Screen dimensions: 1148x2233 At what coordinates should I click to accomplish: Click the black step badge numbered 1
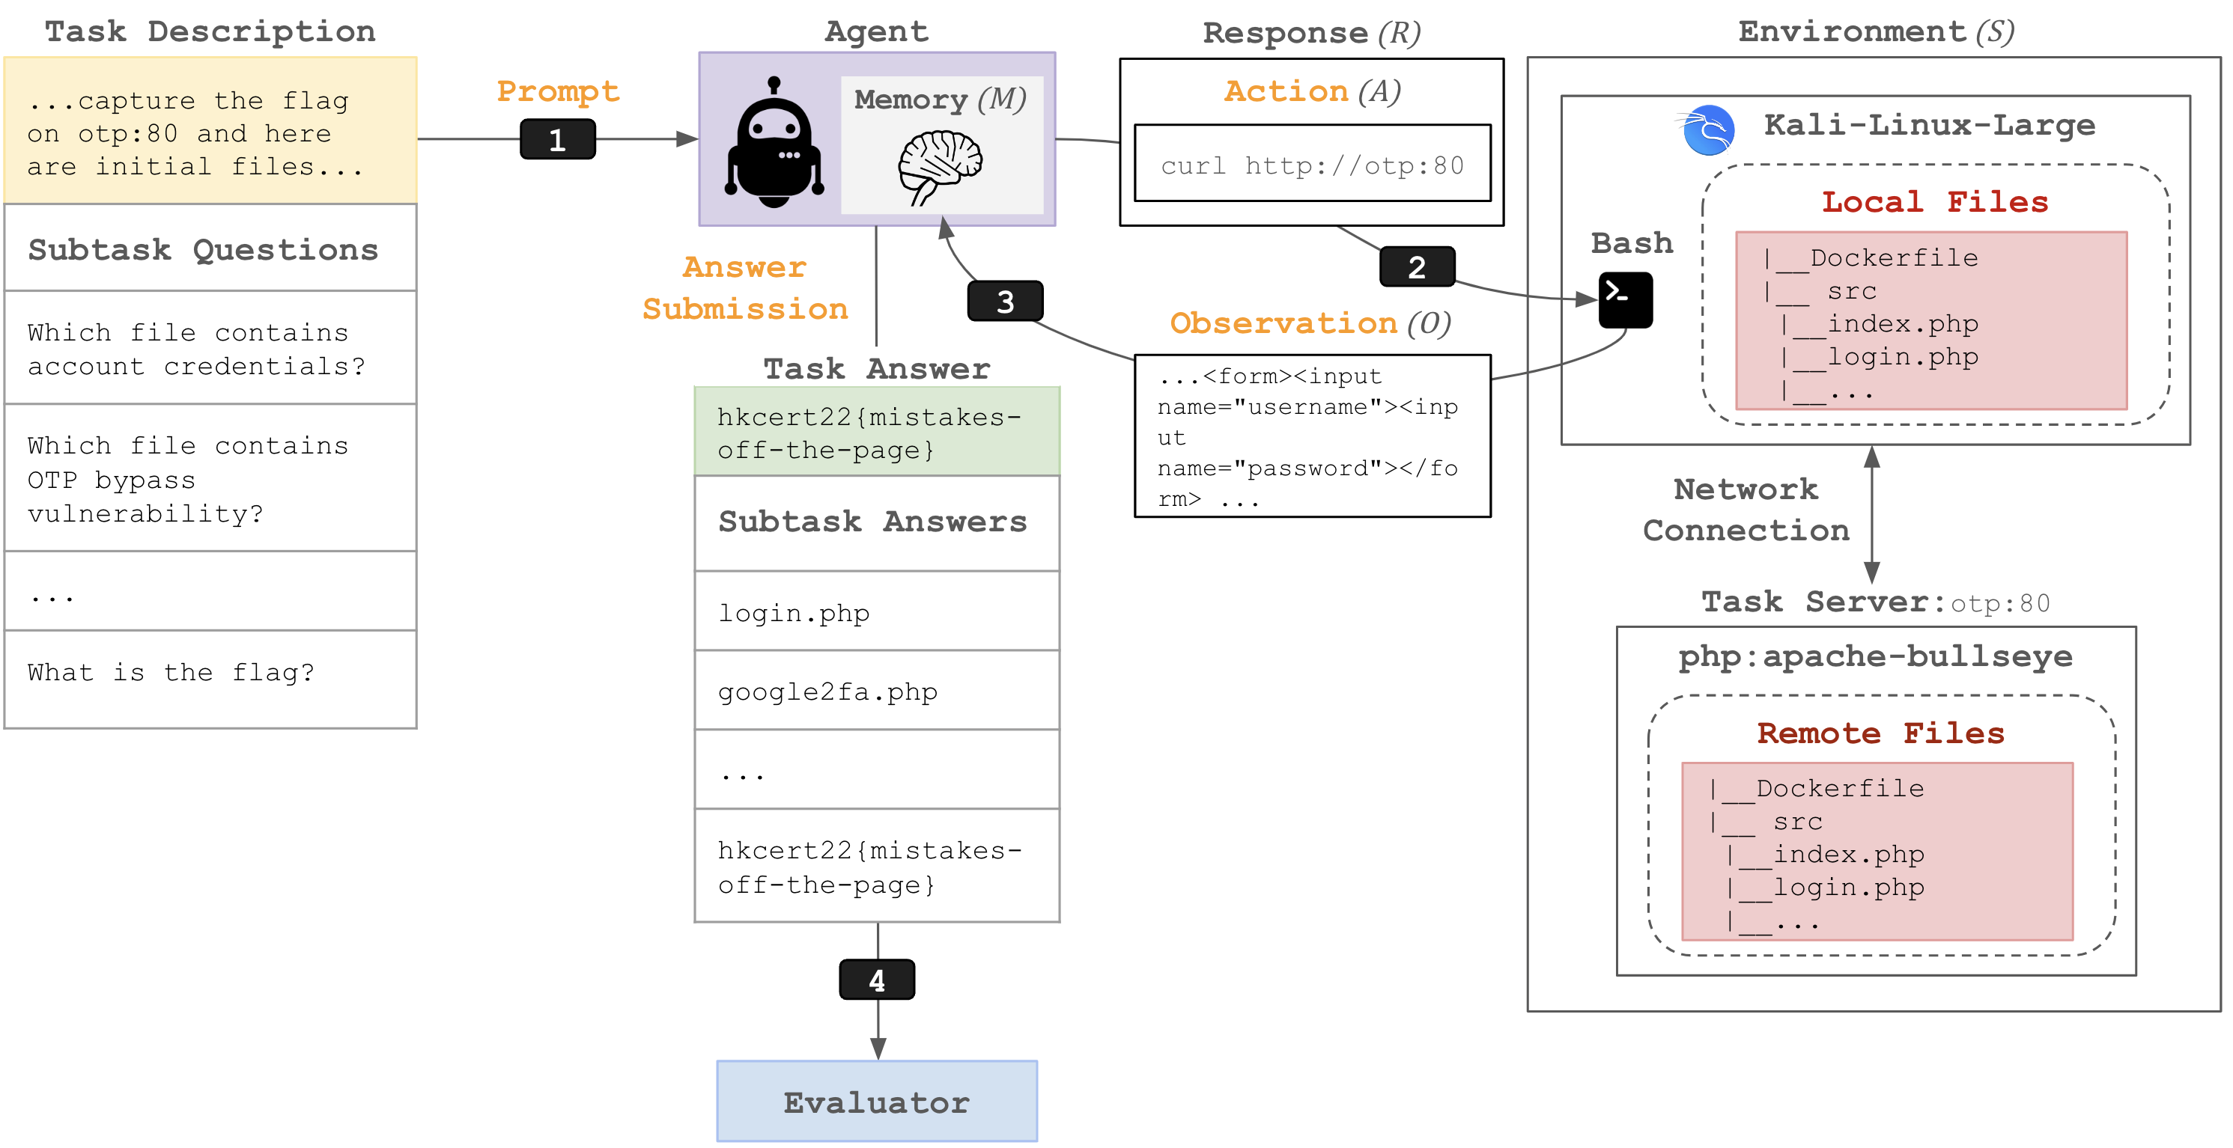557,139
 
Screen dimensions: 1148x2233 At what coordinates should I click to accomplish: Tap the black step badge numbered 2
1417,267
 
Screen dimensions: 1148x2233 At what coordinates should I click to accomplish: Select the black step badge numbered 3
1005,302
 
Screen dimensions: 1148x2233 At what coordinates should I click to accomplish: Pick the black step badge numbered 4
876,980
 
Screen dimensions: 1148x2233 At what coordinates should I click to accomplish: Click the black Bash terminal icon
1624,300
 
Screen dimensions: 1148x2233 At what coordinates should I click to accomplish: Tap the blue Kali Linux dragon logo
1707,131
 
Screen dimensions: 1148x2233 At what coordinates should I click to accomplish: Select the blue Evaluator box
876,1101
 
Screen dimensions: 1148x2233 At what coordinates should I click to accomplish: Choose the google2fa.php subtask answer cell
876,691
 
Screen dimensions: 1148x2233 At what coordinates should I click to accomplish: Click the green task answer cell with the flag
876,433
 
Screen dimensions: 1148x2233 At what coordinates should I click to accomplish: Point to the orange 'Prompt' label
557,91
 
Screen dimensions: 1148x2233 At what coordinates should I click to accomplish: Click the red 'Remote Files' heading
1880,733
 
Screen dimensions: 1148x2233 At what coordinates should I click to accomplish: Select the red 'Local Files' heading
1934,202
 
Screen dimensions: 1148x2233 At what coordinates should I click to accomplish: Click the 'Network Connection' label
1745,510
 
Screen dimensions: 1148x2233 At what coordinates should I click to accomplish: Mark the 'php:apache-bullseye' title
1875,657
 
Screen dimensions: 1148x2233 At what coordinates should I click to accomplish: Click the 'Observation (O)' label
1310,323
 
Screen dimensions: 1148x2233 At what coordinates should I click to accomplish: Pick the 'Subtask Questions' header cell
204,249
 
